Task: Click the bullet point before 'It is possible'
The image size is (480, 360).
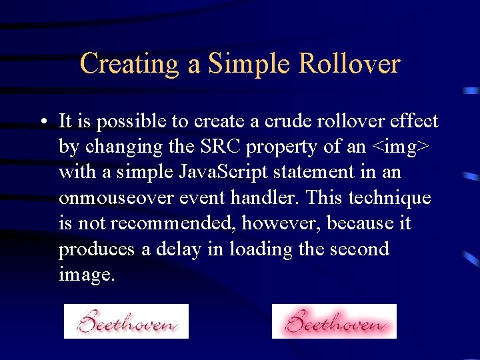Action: click(x=42, y=122)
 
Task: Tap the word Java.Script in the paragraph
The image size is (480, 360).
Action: click(x=215, y=172)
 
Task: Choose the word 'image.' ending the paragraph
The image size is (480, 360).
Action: click(x=87, y=275)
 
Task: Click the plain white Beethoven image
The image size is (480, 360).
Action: click(x=126, y=321)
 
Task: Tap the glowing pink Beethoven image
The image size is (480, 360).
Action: click(x=334, y=321)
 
